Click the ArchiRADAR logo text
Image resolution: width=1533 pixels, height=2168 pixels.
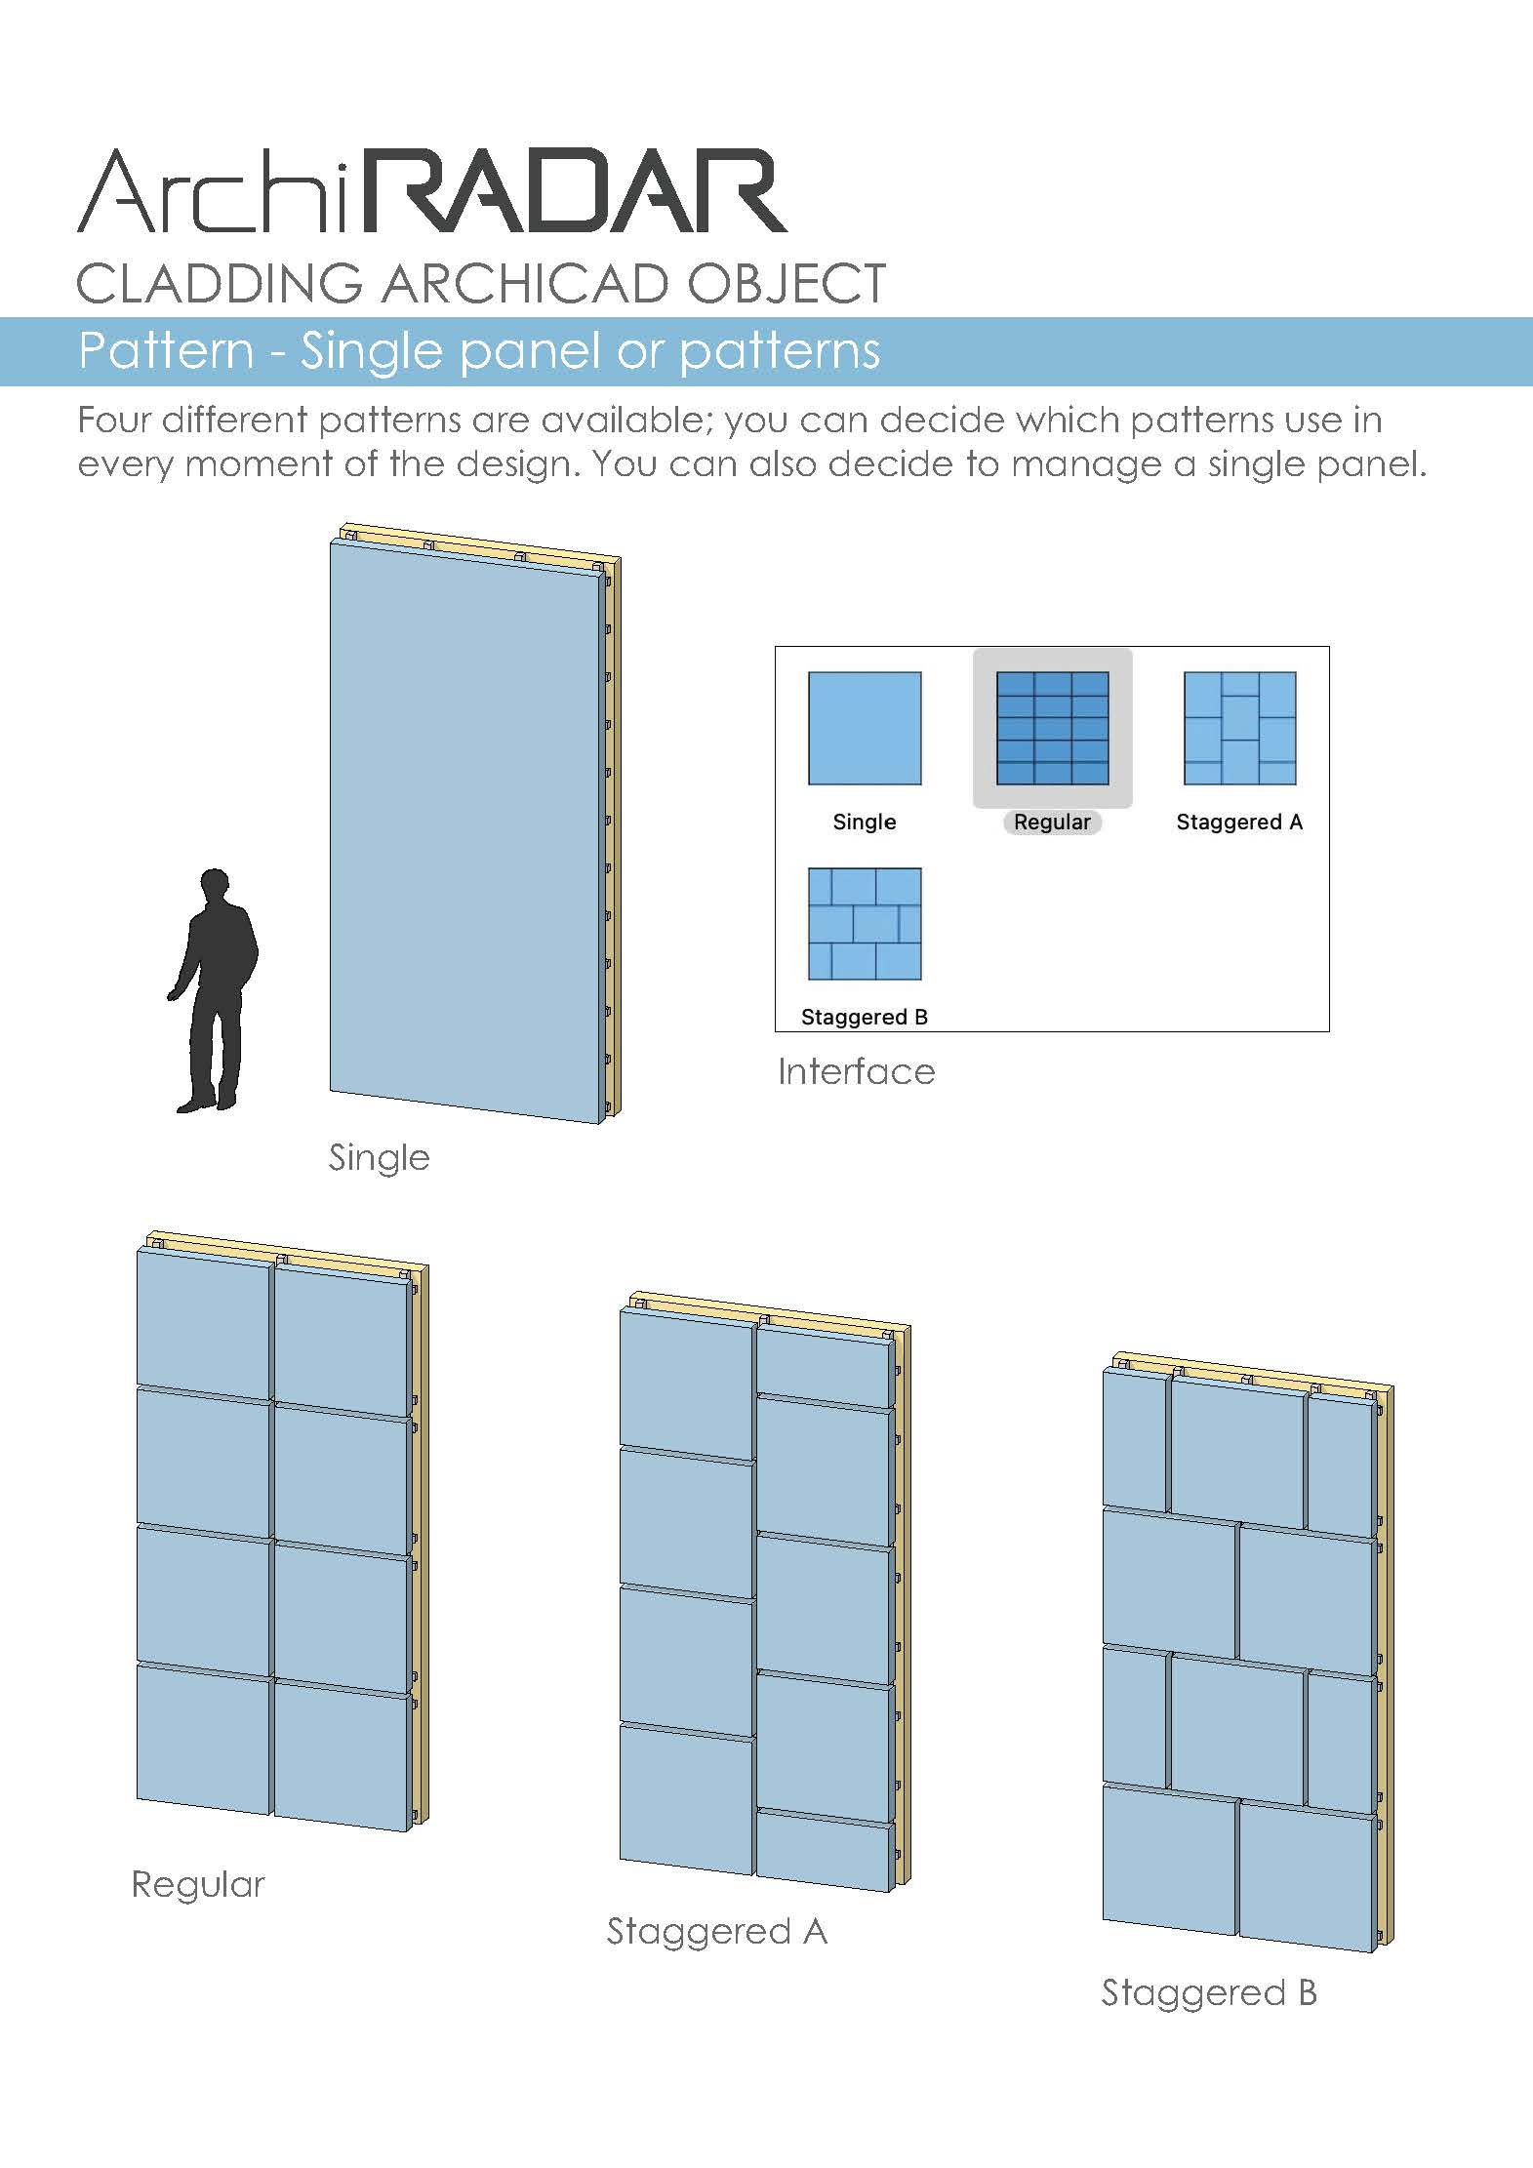pyautogui.click(x=432, y=191)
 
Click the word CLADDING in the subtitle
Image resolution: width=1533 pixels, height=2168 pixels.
pyautogui.click(x=220, y=284)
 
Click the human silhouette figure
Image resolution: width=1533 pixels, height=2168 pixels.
pyautogui.click(x=213, y=990)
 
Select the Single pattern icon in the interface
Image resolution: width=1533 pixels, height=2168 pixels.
pyautogui.click(x=865, y=728)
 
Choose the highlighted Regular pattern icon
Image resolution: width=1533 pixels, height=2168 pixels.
pyautogui.click(x=1052, y=728)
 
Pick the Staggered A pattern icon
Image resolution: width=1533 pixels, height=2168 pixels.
pyautogui.click(x=1239, y=728)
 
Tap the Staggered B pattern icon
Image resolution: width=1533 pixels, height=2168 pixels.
pyautogui.click(x=865, y=924)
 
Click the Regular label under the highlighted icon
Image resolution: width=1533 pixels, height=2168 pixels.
pyautogui.click(x=1052, y=822)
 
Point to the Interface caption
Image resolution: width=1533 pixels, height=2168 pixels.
pyautogui.click(x=856, y=1071)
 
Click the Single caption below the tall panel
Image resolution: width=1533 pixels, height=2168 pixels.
pyautogui.click(x=379, y=1158)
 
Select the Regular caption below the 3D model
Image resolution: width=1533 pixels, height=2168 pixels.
pyautogui.click(x=198, y=1885)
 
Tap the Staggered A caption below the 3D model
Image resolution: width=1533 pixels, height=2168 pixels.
pyautogui.click(x=717, y=1932)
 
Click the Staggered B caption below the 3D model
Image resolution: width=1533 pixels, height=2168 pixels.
pyautogui.click(x=1209, y=1993)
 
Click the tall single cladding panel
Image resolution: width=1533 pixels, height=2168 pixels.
pyautogui.click(x=464, y=832)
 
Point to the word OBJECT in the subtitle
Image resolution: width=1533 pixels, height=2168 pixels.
pyautogui.click(x=787, y=284)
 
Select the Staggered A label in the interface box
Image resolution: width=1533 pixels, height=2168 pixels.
pyautogui.click(x=1239, y=822)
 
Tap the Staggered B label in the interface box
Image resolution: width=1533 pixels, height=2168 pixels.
pyautogui.click(x=865, y=1017)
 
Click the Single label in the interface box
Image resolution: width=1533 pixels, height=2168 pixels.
pyautogui.click(x=865, y=822)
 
